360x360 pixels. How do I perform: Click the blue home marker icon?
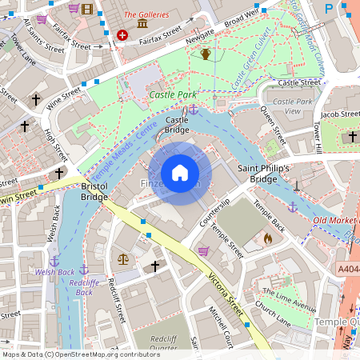[180, 173]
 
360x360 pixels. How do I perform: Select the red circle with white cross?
[122, 35]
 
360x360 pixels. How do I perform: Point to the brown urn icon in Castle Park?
[206, 54]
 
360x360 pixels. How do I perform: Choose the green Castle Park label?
[172, 94]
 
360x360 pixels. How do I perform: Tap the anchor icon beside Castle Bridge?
[193, 109]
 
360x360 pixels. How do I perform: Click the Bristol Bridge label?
[94, 191]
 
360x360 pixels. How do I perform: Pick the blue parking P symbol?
[328, 8]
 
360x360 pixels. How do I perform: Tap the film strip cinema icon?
[87, 9]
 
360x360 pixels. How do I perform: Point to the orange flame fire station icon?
[268, 238]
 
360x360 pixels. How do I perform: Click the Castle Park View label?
[292, 107]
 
